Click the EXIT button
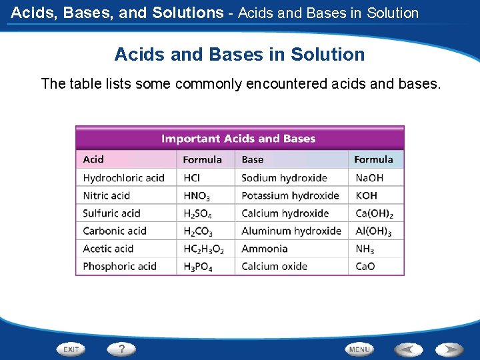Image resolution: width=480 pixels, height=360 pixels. (71, 349)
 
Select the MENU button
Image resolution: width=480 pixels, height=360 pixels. (359, 349)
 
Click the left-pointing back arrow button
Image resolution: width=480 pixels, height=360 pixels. (409, 349)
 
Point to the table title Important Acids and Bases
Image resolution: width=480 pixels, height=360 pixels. (238, 139)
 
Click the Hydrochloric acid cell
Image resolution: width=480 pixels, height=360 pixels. (123, 178)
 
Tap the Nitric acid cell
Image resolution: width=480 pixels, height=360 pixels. (106, 195)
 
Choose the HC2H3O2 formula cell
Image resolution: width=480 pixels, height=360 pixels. (203, 249)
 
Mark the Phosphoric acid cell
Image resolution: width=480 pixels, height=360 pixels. (119, 266)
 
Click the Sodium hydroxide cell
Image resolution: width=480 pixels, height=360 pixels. (284, 178)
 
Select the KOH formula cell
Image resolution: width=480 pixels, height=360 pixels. (366, 195)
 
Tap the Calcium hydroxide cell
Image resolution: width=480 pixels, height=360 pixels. (285, 213)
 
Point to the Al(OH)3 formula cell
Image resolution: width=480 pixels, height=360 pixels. (373, 231)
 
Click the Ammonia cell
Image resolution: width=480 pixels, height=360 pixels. (265, 249)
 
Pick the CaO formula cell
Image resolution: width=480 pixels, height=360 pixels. (365, 266)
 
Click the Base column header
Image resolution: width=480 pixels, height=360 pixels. (253, 159)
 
